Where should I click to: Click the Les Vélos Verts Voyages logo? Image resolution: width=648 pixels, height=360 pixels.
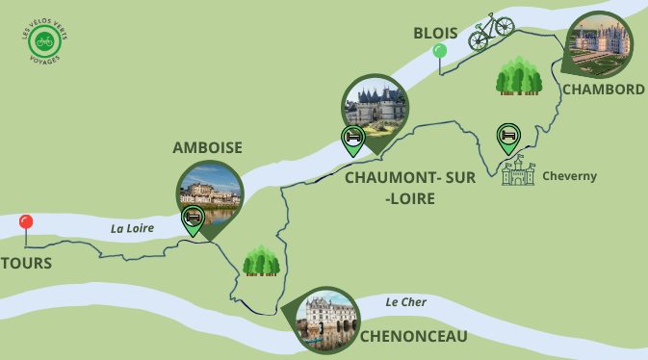point(42,40)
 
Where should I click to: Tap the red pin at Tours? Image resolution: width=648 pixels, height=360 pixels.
point(26,223)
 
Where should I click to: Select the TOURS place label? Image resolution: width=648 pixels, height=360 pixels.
point(26,263)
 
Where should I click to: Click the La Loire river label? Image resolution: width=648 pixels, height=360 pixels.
point(132,228)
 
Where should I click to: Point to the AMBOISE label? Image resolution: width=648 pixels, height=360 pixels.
point(207,147)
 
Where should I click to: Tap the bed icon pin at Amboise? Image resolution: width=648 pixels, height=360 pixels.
point(193,218)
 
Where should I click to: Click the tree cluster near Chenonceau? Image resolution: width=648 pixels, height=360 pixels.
point(261,260)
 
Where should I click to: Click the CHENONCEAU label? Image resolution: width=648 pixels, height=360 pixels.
point(413,336)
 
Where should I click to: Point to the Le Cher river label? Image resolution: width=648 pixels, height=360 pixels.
point(405,302)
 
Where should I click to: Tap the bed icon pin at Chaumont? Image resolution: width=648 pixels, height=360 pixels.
point(353,139)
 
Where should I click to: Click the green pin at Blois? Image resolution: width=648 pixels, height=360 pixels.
point(440,52)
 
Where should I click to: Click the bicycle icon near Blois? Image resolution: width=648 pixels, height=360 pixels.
point(491,31)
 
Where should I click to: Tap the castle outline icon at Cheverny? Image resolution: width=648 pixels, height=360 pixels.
point(518,171)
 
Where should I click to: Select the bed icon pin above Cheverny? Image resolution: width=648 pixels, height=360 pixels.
point(507,137)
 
